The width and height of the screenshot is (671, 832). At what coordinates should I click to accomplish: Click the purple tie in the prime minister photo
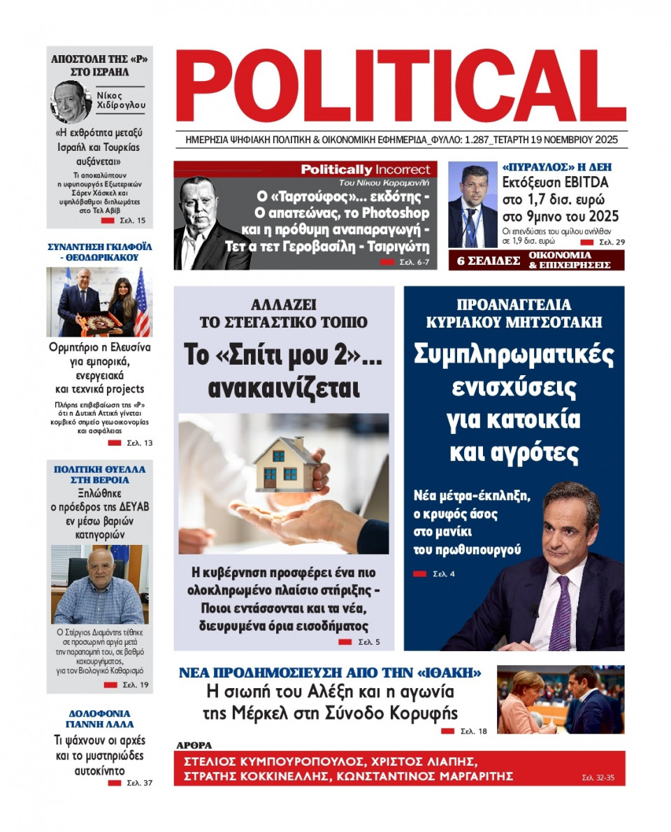click(x=561, y=615)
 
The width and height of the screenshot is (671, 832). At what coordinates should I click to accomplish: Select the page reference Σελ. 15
click(x=132, y=221)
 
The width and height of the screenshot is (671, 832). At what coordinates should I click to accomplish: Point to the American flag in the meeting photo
click(x=141, y=302)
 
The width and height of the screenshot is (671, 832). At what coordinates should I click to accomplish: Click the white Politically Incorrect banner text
click(x=366, y=170)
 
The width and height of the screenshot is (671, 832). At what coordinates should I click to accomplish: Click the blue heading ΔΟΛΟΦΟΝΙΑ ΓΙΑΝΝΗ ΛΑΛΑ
click(x=101, y=718)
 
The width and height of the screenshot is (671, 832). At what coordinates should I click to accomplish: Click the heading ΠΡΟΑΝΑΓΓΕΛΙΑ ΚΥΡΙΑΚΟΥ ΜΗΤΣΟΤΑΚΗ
click(x=514, y=313)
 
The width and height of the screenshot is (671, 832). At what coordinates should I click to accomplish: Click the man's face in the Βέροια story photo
click(x=99, y=567)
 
